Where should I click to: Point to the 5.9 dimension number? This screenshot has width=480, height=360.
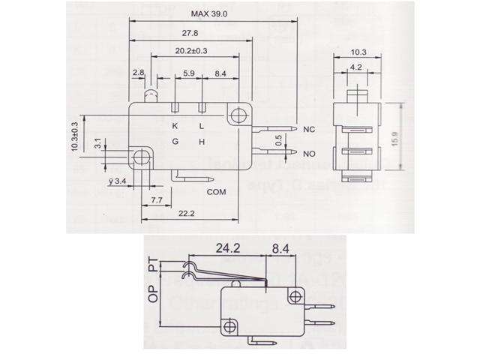(x=189, y=73)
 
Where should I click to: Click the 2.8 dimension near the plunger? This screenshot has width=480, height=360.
(x=138, y=73)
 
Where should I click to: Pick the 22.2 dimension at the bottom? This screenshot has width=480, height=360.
(x=187, y=214)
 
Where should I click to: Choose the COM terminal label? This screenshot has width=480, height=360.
(x=217, y=192)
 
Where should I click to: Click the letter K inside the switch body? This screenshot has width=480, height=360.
(x=175, y=125)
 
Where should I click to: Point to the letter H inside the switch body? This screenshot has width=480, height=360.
(x=201, y=142)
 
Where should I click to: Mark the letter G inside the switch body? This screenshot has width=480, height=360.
(x=175, y=142)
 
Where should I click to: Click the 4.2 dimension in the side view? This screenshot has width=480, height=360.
(x=358, y=67)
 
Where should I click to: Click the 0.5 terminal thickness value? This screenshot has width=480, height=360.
(x=278, y=140)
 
